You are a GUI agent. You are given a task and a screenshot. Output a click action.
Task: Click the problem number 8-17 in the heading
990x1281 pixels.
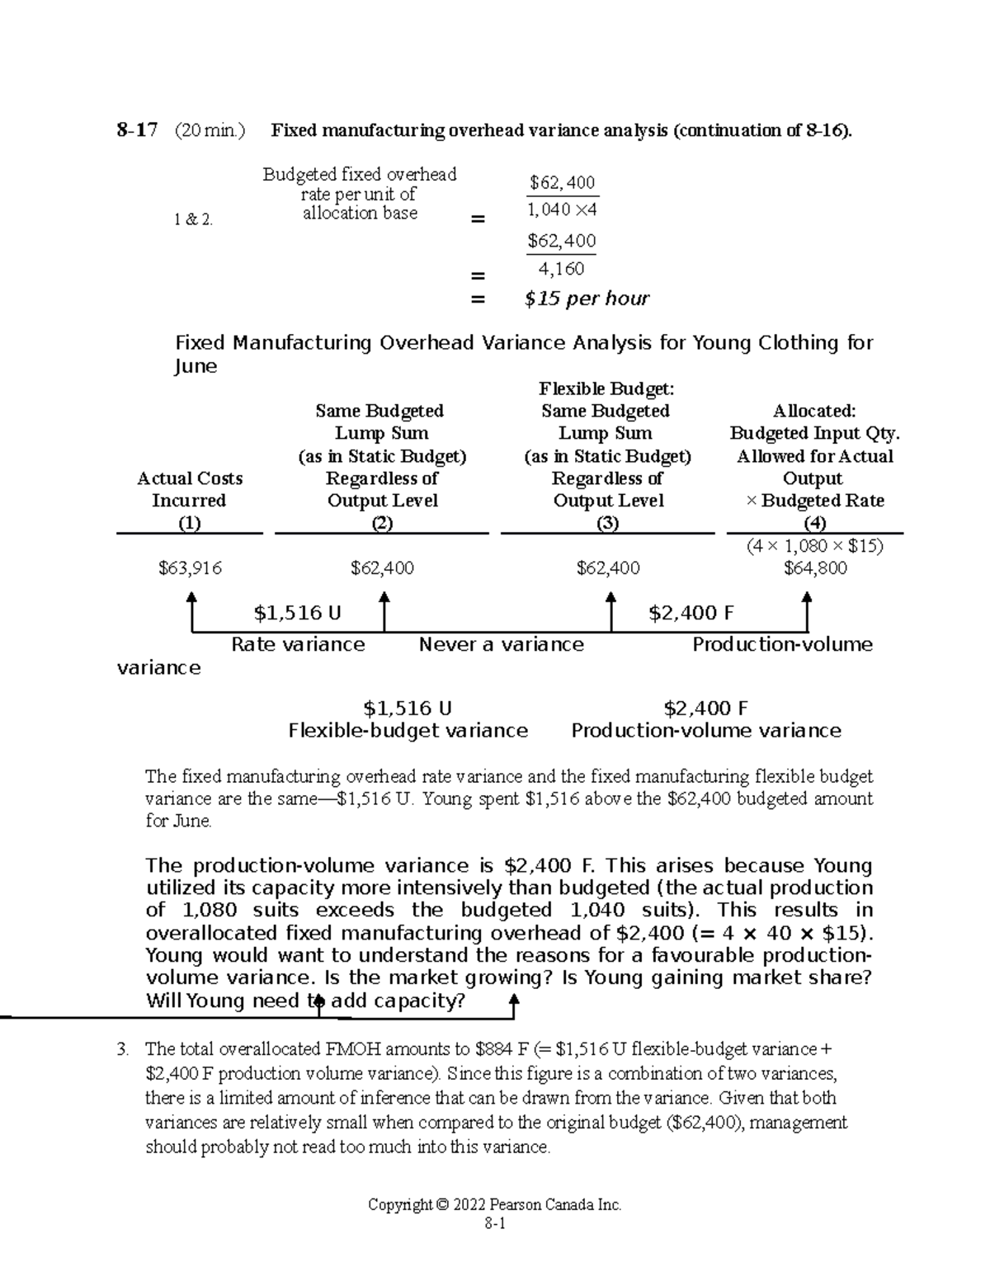(x=137, y=130)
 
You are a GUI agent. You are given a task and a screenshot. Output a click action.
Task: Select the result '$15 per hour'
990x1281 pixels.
(x=587, y=299)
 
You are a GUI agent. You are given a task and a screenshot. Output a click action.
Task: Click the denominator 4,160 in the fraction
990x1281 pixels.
(x=561, y=269)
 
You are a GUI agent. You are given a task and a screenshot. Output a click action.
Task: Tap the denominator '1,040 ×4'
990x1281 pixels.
(x=562, y=210)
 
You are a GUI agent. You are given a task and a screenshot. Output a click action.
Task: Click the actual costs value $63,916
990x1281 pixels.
(x=190, y=568)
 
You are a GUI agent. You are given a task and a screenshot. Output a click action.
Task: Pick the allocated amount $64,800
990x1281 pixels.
(x=815, y=568)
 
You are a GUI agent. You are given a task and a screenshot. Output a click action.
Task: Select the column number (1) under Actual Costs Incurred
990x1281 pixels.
(x=190, y=523)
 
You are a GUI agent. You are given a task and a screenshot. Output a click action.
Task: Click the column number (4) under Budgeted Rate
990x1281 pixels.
(x=815, y=523)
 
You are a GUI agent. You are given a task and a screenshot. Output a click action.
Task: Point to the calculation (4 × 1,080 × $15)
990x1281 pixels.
(x=814, y=546)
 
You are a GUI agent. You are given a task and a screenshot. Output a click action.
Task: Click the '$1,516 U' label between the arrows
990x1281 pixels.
(x=298, y=613)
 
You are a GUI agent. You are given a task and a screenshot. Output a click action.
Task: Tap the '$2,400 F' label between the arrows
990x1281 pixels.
(x=691, y=613)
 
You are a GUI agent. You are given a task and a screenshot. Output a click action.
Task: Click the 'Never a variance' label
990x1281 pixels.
(x=501, y=644)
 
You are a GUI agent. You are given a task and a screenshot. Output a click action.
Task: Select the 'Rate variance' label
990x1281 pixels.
(x=298, y=644)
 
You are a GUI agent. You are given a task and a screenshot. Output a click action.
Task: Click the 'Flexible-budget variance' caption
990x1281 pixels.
(x=408, y=731)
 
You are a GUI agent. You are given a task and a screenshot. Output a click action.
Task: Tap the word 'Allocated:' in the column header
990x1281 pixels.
(x=814, y=411)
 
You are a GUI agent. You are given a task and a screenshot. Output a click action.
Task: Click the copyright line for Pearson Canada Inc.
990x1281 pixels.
(x=494, y=1204)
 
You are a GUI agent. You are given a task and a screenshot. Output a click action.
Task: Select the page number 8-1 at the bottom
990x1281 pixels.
(x=495, y=1225)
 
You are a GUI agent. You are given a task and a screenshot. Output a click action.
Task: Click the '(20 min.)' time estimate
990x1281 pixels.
(x=210, y=130)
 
